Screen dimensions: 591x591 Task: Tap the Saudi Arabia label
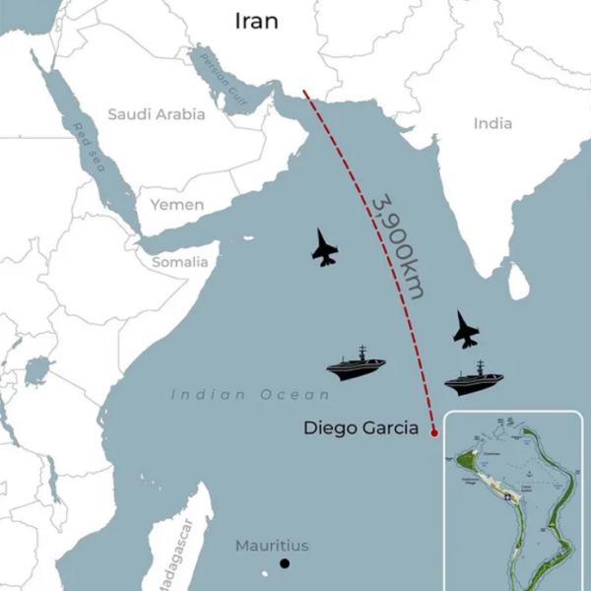(157, 114)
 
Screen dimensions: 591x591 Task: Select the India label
(492, 123)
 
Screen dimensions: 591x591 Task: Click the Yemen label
(177, 205)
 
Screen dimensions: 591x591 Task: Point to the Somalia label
(179, 262)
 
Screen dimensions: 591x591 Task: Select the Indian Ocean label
(251, 395)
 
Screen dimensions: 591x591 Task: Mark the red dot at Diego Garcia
(434, 430)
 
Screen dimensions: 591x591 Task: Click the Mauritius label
(272, 546)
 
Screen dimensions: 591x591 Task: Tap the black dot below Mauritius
(285, 563)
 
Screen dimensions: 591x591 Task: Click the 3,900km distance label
(398, 246)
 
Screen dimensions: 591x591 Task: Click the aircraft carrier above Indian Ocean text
(357, 363)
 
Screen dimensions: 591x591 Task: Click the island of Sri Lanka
(519, 283)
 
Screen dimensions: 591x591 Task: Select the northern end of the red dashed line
(304, 93)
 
